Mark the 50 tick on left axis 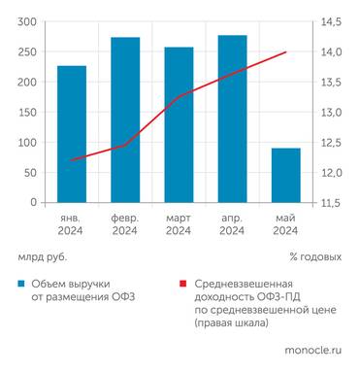30,173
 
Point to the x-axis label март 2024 179,224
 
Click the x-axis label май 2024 285,224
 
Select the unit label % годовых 315,257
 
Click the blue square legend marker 20,285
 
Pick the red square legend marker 183,285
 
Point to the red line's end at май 285,52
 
